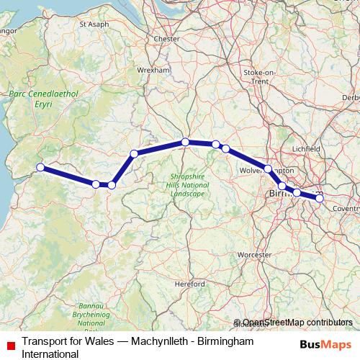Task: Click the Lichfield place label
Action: point(306,148)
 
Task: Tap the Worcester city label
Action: point(254,254)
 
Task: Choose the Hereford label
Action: point(190,284)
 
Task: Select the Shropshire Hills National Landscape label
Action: point(187,185)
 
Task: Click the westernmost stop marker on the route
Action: point(40,168)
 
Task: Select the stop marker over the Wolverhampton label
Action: point(268,169)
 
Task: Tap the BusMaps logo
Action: point(326,343)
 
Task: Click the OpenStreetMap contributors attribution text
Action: point(297,323)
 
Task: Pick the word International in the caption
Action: point(50,354)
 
